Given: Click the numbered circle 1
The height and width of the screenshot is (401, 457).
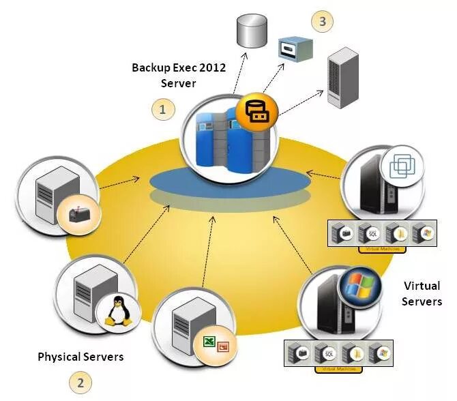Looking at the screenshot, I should [162, 108].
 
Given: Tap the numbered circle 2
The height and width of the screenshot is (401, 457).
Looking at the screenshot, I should [80, 383].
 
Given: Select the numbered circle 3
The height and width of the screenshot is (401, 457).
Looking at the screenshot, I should [322, 21].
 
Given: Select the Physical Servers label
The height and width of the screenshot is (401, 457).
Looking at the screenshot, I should [80, 357].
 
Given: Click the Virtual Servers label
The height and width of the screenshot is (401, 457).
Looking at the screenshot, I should [422, 293].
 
